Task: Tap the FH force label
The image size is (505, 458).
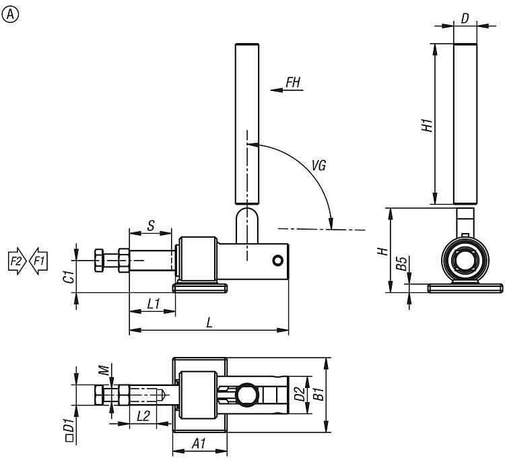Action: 294,82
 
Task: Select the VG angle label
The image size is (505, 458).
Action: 319,164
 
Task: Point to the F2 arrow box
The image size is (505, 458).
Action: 16,261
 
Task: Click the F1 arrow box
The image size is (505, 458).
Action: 38,261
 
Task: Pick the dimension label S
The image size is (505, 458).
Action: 151,226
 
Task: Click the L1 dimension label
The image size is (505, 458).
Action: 154,304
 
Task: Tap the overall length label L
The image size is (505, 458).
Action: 209,323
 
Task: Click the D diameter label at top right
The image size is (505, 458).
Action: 465,18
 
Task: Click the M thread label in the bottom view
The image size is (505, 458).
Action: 103,370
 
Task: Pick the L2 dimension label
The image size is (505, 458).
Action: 143,416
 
